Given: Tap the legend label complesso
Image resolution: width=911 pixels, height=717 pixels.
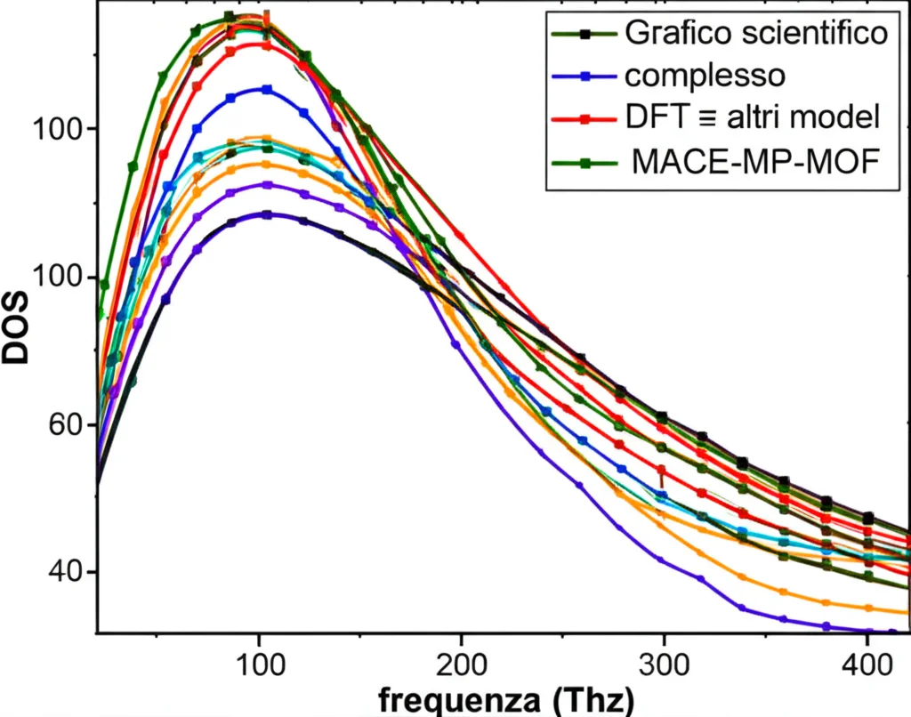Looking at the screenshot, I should coord(705,76).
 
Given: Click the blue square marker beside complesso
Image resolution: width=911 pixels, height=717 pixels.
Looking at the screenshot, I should coord(585,76).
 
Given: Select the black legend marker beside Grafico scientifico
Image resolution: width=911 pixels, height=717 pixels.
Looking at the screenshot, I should coord(585,34).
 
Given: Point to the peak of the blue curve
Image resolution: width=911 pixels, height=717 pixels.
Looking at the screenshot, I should coord(266,89).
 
